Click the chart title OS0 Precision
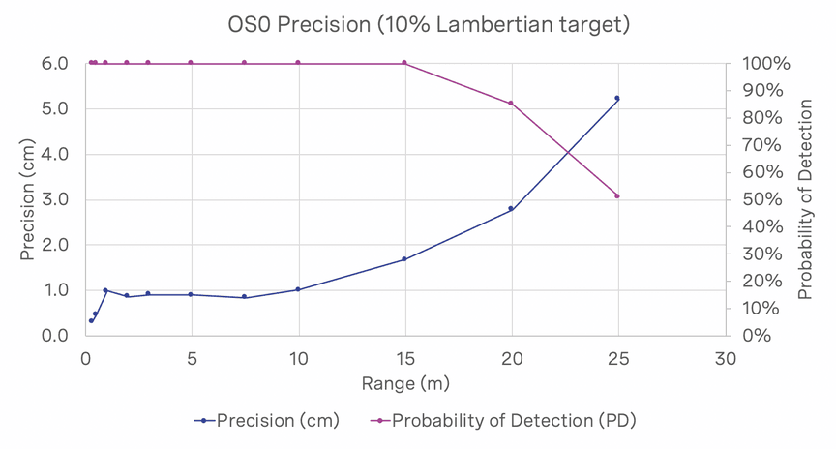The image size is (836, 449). [418, 24]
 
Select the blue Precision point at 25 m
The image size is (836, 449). [617, 99]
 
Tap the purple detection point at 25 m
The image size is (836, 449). [617, 196]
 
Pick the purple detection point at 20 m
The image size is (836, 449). [511, 104]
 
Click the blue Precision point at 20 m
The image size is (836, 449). [511, 208]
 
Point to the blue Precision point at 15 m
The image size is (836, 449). [404, 259]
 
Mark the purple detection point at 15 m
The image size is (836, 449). [404, 63]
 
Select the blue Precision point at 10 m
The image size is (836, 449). [298, 289]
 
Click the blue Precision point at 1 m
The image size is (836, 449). [105, 290]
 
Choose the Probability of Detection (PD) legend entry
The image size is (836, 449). [503, 420]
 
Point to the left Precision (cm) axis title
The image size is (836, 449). [30, 199]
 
